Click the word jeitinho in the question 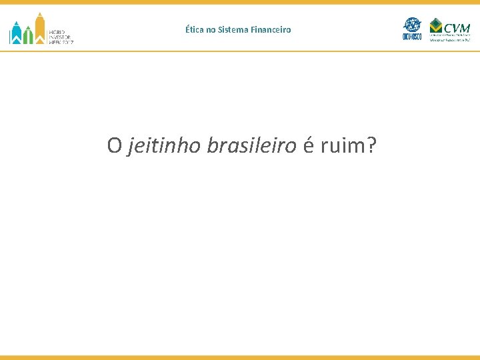point(163,145)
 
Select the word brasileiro point(251,145)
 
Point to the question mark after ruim point(371,145)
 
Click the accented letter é point(308,146)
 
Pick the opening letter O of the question point(114,145)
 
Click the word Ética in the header point(195,30)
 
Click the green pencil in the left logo point(27,35)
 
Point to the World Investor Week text point(61,36)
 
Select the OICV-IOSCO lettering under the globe point(413,38)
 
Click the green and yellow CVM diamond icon point(436,27)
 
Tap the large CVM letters point(457,27)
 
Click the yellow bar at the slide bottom point(240,357)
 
